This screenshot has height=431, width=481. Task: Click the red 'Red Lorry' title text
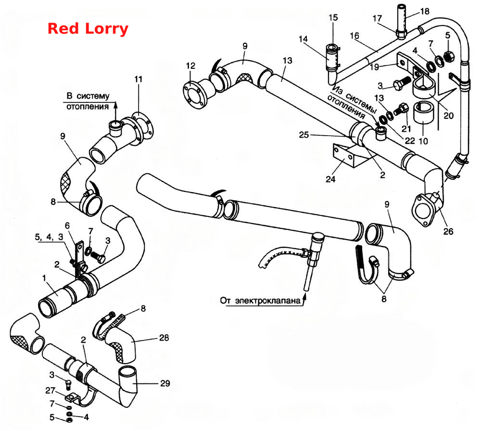[88, 28]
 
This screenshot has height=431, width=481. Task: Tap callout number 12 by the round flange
[190, 65]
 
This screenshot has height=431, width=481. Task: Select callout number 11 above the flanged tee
[139, 79]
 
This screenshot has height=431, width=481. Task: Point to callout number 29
[165, 383]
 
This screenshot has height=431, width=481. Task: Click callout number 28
[164, 337]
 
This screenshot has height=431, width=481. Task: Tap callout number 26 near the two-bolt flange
[448, 231]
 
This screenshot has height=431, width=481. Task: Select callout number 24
[330, 179]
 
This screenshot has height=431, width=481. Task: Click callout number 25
[304, 135]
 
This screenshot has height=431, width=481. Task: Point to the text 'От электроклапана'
[260, 300]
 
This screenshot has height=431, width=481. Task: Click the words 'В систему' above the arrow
[88, 96]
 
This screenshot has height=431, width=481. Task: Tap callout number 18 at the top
[425, 12]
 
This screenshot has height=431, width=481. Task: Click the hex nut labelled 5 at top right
[449, 56]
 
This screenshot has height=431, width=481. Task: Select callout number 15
[333, 17]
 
